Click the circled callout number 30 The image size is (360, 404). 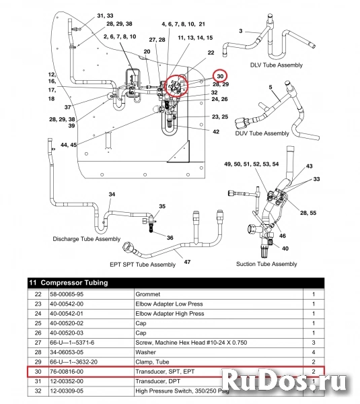pos(221,76)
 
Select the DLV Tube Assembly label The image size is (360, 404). pos(276,65)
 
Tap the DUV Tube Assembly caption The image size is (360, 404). pos(262,133)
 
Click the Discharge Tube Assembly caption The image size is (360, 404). pos(86,239)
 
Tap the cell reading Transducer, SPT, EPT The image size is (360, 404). pos(166,370)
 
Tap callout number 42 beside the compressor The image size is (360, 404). pos(216,132)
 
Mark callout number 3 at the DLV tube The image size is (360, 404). pos(239,30)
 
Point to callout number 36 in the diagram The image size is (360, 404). pos(170,237)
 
